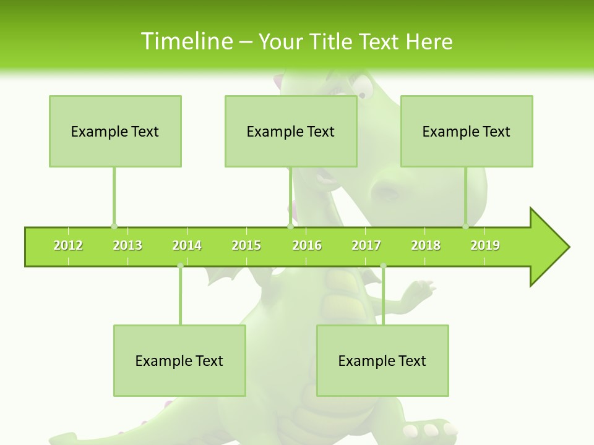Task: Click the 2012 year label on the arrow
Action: (x=68, y=245)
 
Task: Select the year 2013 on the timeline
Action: (x=127, y=245)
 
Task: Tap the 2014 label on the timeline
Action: (x=187, y=245)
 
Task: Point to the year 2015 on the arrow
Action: (x=246, y=245)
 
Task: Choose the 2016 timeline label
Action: (x=307, y=245)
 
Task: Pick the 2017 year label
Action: (x=366, y=245)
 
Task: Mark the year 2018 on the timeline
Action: (x=426, y=245)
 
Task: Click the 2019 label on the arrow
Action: (x=485, y=245)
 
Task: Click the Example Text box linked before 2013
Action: (x=115, y=131)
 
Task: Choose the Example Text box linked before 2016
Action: (x=291, y=131)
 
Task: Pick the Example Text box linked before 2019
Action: (x=467, y=131)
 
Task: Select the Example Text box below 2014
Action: (x=179, y=360)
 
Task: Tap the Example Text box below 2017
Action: (x=382, y=360)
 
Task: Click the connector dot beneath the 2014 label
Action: (x=180, y=266)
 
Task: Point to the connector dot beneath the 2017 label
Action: (x=383, y=266)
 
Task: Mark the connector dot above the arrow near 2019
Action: (x=465, y=226)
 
